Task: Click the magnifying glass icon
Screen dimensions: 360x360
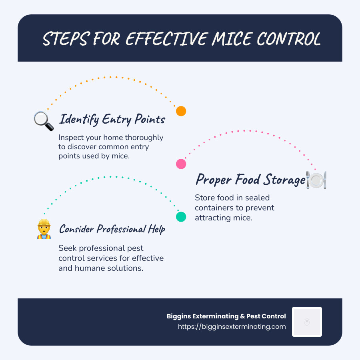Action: tap(44, 121)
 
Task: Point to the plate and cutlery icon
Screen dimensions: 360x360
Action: tap(316, 180)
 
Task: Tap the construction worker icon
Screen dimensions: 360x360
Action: tap(44, 229)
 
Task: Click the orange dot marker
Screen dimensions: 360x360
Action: tap(181, 111)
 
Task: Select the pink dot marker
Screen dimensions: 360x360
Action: tap(181, 164)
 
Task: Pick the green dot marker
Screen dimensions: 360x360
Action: tap(181, 217)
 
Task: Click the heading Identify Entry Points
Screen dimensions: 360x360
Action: tap(112, 119)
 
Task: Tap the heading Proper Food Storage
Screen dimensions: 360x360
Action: tap(250, 180)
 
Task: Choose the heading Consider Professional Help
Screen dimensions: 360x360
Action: tap(112, 229)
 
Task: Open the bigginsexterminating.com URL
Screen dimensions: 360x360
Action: tap(232, 326)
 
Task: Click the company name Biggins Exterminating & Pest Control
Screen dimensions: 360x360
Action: tap(226, 316)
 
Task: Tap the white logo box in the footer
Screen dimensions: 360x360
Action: tap(307, 322)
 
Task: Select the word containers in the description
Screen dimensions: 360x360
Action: tap(216, 208)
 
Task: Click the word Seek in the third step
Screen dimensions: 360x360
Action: tap(67, 248)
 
